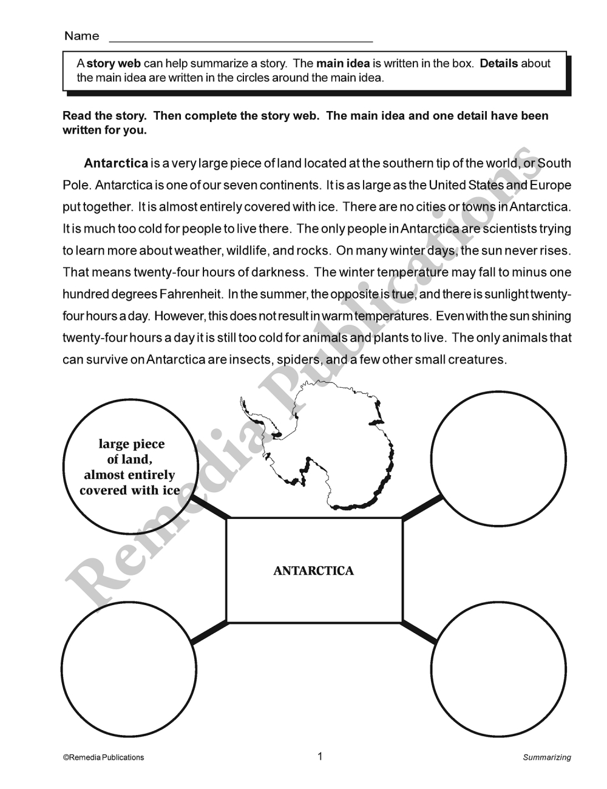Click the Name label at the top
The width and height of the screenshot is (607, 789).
click(x=81, y=36)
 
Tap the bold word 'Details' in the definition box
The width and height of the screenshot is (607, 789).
click(x=499, y=64)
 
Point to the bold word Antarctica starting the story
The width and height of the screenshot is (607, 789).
click(x=116, y=163)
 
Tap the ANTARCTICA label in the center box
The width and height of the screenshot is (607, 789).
click(x=314, y=571)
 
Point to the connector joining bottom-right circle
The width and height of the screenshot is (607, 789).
click(x=419, y=632)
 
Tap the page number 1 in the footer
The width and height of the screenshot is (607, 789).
click(x=320, y=756)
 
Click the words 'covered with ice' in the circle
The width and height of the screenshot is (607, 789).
click(x=130, y=490)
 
